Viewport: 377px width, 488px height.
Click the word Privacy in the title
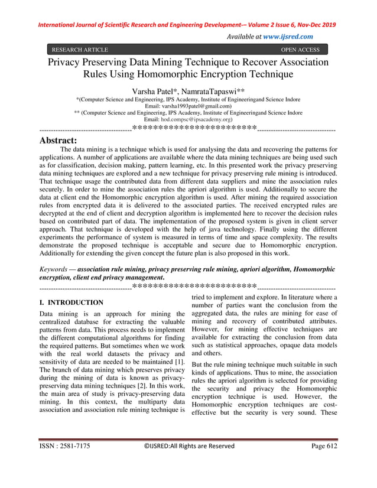click(x=68, y=63)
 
